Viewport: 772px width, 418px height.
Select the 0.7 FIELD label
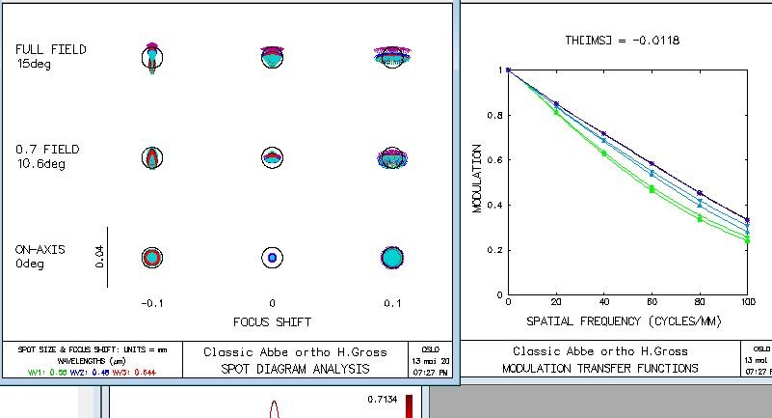[47, 150]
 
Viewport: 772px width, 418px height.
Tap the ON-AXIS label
[40, 249]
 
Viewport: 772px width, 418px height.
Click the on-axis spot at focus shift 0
[272, 258]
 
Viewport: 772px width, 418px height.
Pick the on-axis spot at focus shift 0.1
[391, 258]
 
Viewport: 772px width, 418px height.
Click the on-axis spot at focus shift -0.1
[151, 257]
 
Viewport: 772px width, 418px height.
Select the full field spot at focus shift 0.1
[391, 56]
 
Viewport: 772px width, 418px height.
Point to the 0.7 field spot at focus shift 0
[272, 157]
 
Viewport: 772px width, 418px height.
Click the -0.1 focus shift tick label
[151, 303]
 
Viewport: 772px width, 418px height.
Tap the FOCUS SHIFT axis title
[272, 321]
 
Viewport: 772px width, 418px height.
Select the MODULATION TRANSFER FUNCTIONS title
[599, 368]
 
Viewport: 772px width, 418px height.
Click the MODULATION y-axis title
[476, 179]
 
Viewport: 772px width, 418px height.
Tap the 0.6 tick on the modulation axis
[492, 160]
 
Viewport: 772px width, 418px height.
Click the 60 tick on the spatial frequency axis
[652, 303]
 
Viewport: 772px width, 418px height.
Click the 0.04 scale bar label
[99, 257]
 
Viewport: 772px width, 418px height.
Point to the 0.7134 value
[383, 398]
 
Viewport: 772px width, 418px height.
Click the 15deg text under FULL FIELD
[34, 64]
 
